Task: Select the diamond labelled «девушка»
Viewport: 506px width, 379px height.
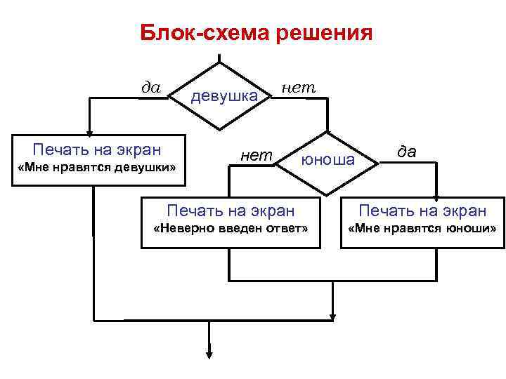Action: pos(221,96)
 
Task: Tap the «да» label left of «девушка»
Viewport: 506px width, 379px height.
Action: pos(151,87)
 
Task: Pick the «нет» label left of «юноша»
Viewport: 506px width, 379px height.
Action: pos(256,155)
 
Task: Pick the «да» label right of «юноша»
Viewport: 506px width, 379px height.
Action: pos(406,150)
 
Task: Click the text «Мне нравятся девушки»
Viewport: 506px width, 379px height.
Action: pos(98,168)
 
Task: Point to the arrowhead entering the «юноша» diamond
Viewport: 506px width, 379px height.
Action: pos(327,131)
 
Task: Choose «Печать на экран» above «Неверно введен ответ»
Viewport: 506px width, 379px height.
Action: pos(230,210)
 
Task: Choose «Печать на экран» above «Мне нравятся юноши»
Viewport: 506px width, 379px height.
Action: pos(422,210)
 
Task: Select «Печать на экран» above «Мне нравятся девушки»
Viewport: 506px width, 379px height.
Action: pos(97,149)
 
